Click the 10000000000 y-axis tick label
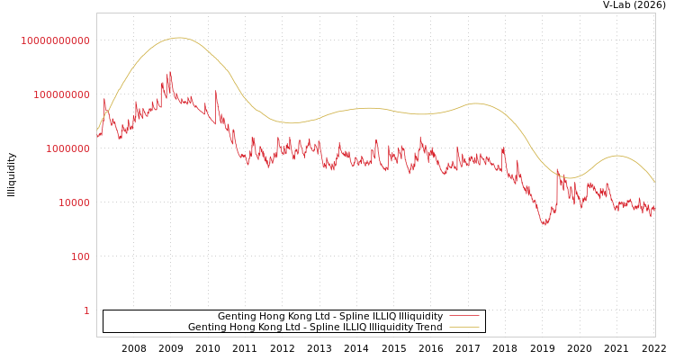[x=56, y=40]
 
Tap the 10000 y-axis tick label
[x=74, y=202]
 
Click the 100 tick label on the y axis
[x=80, y=256]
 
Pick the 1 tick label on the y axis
[x=86, y=310]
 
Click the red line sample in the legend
[x=463, y=316]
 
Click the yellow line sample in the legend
[x=463, y=327]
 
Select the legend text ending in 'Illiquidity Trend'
[x=315, y=327]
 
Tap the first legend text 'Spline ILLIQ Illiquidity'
[x=330, y=316]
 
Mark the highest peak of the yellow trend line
[x=178, y=38]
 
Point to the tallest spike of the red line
[x=170, y=73]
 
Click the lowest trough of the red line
[x=545, y=224]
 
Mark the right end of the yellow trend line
[x=654, y=182]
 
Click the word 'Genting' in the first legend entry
[x=238, y=316]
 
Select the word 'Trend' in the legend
[x=427, y=327]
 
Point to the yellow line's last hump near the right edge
[x=616, y=156]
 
